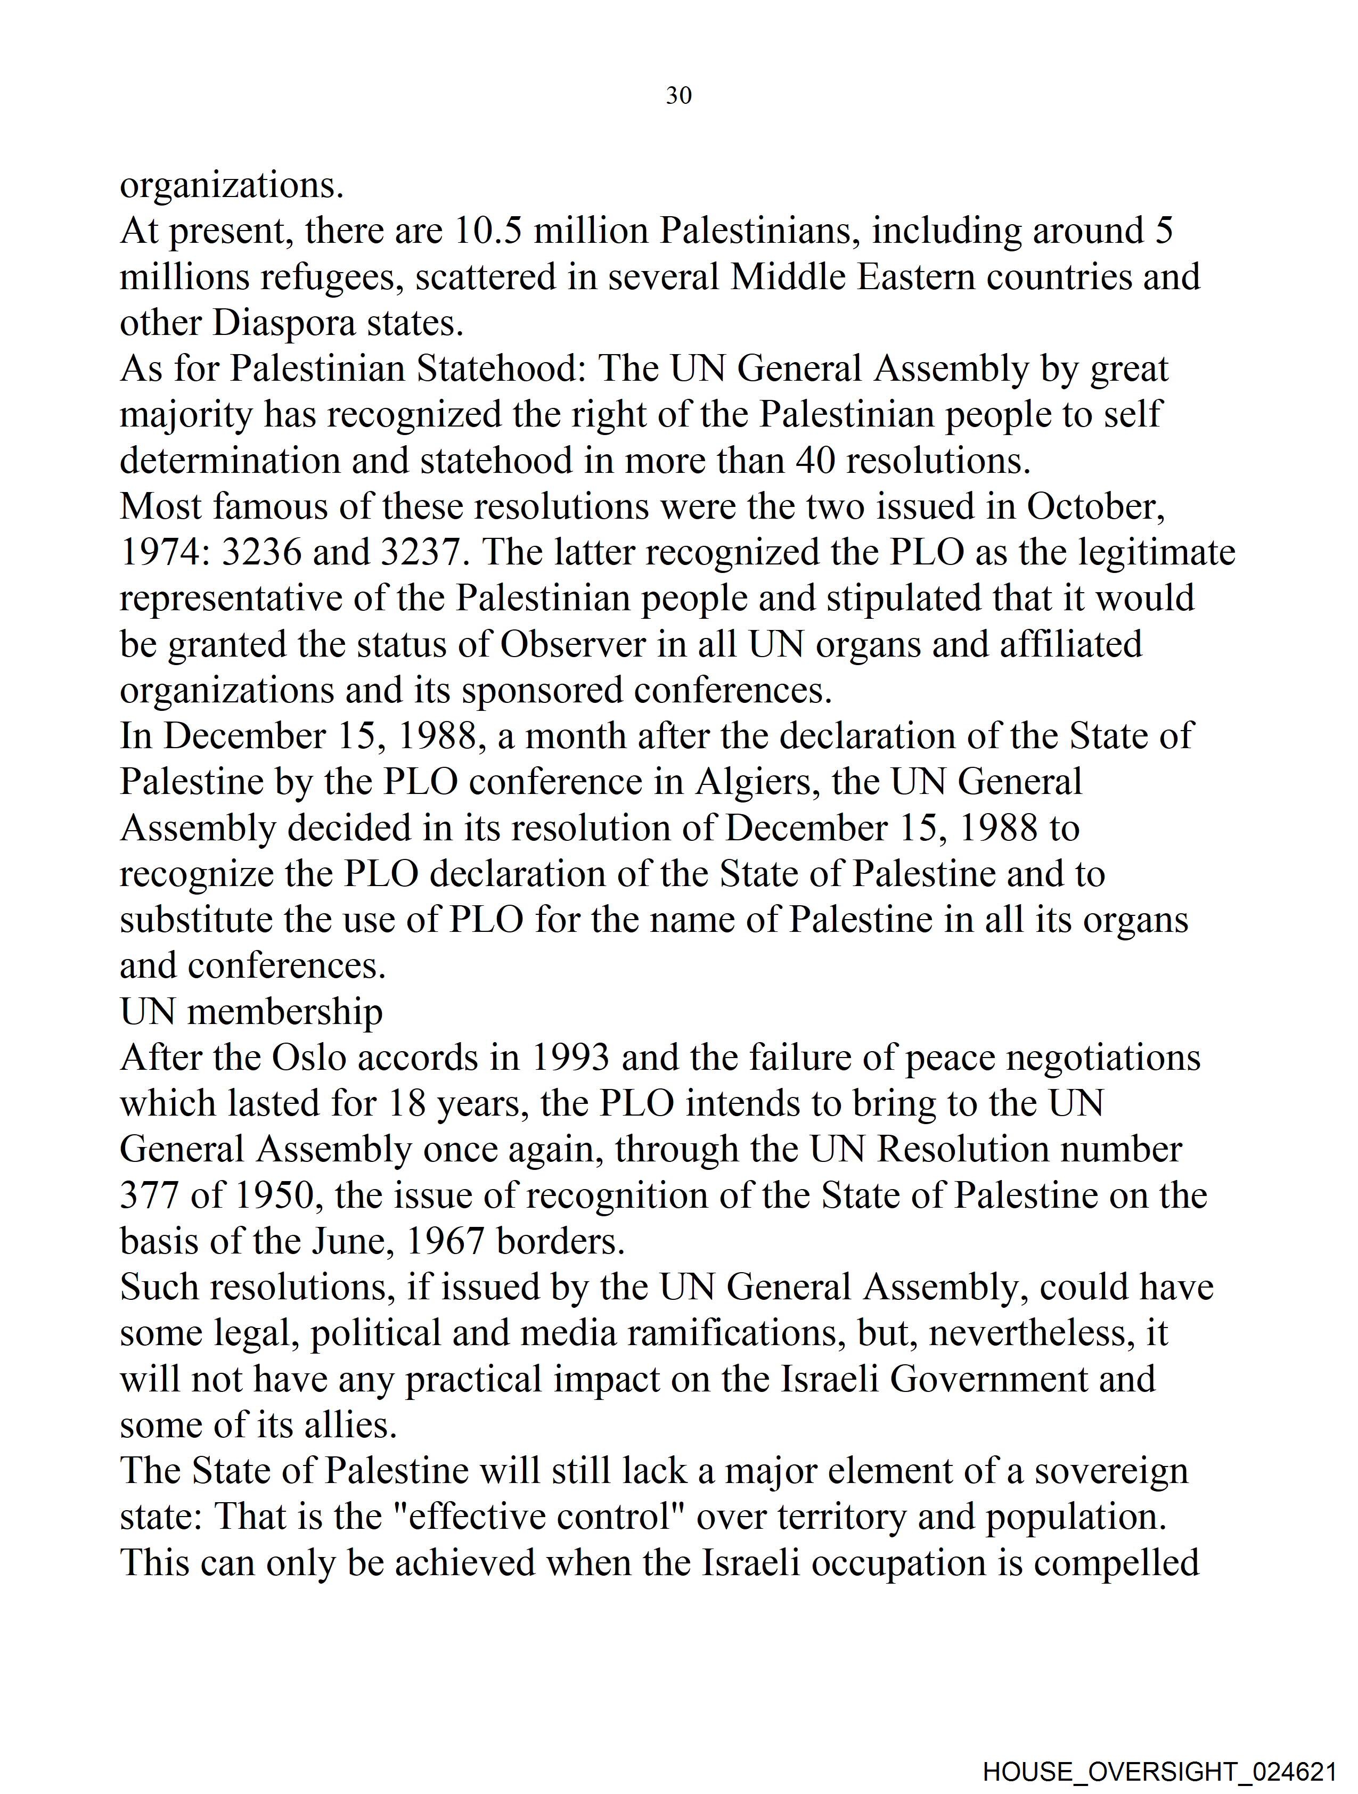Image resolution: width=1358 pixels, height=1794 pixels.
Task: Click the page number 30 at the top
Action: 678,96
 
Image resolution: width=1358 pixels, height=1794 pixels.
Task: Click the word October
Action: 1095,507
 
